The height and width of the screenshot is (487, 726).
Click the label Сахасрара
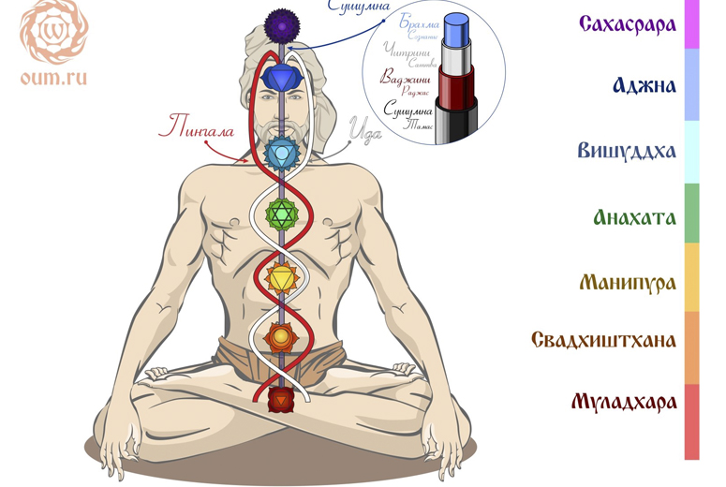click(x=627, y=23)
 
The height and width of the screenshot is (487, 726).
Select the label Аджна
click(x=644, y=86)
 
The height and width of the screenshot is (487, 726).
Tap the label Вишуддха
click(x=627, y=151)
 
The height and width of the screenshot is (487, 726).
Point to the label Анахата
click(x=634, y=217)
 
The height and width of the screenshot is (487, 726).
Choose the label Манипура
click(x=627, y=282)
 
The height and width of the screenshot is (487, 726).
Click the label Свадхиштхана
click(x=603, y=339)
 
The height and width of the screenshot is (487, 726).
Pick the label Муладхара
click(x=624, y=402)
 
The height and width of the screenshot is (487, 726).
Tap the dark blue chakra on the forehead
click(x=280, y=76)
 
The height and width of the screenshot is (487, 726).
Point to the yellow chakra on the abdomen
click(x=280, y=278)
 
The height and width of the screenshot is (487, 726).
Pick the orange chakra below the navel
click(x=280, y=335)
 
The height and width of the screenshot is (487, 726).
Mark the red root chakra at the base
click(x=280, y=400)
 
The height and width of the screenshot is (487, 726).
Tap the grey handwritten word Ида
click(x=364, y=134)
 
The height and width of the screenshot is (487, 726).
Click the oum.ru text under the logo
click(x=53, y=78)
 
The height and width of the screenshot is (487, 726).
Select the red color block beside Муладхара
click(x=691, y=421)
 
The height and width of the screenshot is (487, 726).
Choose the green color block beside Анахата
click(x=691, y=214)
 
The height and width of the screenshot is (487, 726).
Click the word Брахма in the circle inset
click(x=419, y=22)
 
